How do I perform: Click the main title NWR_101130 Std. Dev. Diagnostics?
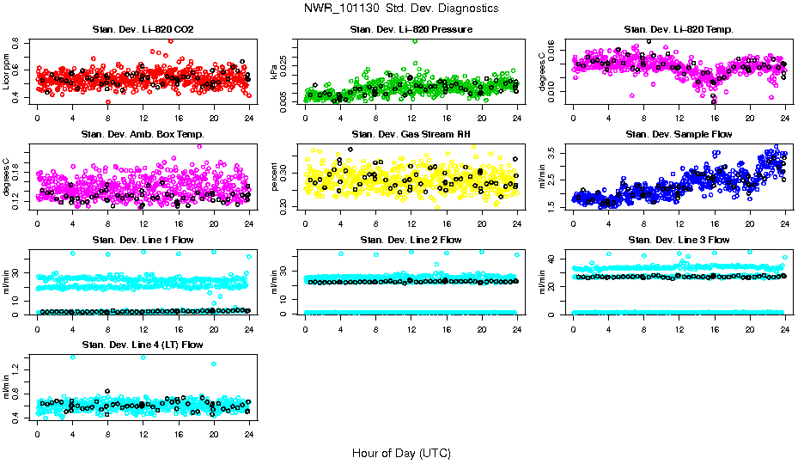point(401,9)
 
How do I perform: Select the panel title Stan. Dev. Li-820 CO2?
point(143,29)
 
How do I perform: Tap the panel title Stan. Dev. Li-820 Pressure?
point(411,29)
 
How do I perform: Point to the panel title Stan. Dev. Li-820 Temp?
point(679,29)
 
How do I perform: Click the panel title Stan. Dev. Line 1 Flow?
point(143,240)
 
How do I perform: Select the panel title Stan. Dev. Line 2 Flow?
point(411,240)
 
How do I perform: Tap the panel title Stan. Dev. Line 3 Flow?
point(679,240)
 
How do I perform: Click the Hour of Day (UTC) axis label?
point(401,452)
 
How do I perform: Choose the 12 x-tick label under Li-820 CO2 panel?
point(143,119)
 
